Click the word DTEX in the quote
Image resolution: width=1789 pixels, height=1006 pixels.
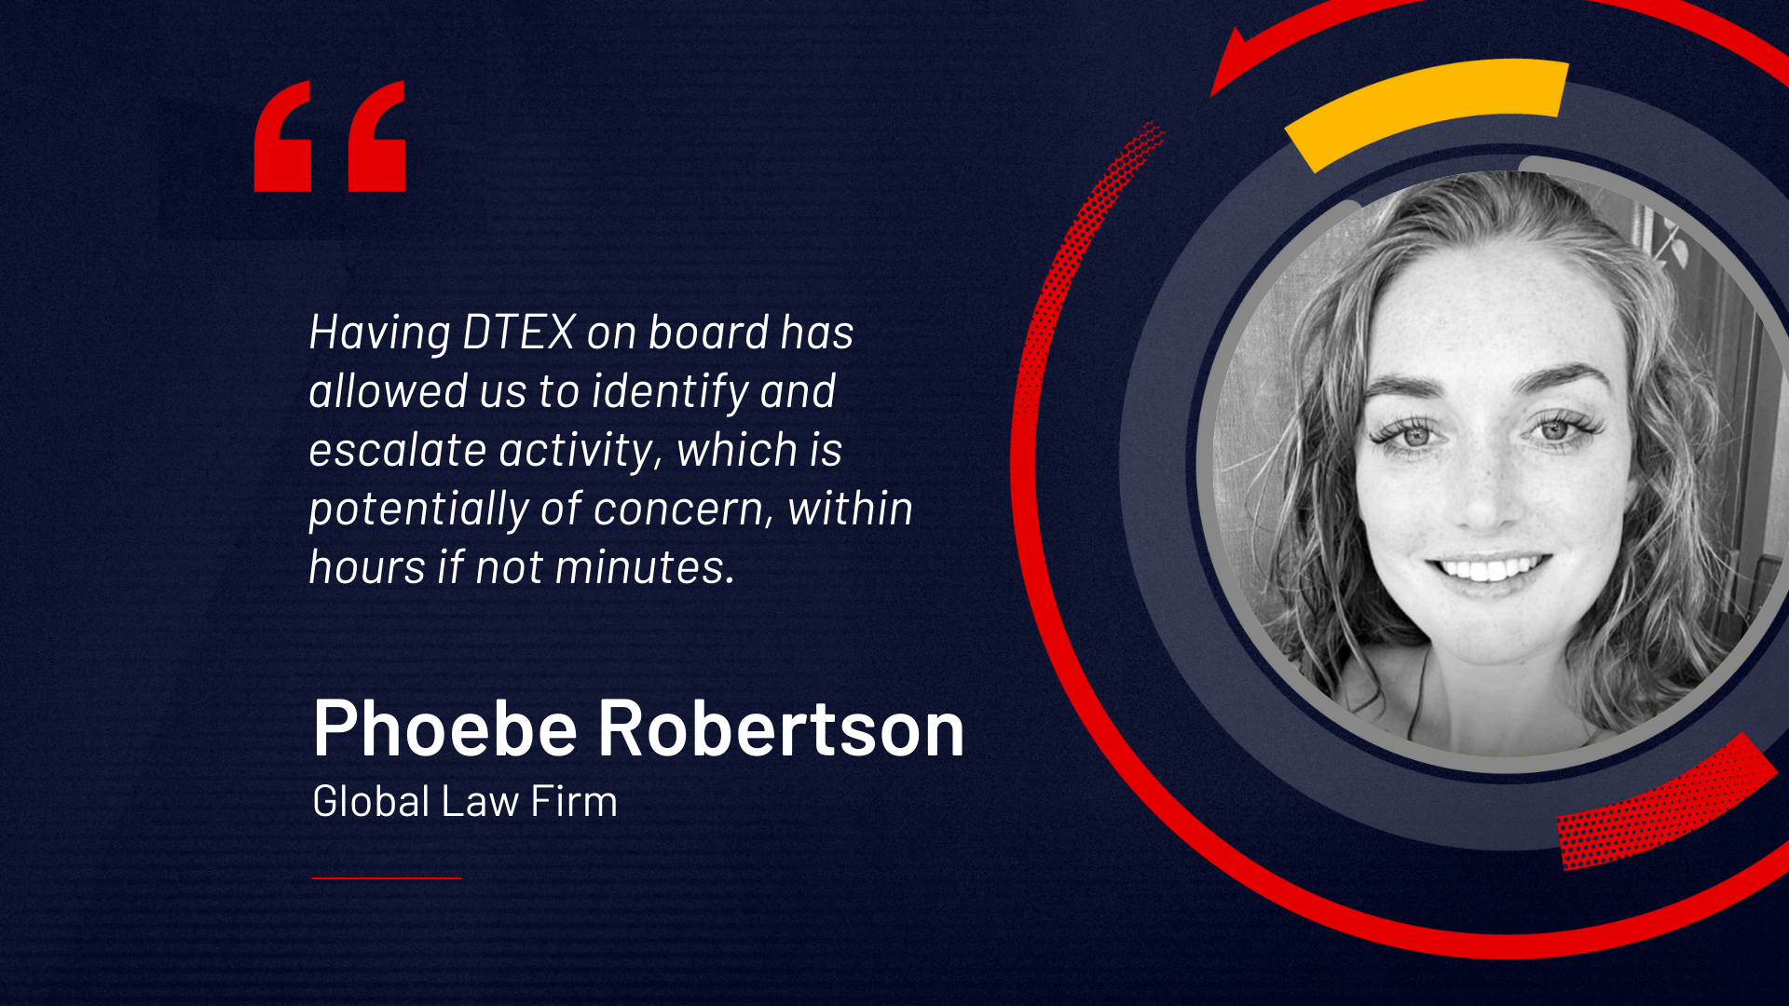519,333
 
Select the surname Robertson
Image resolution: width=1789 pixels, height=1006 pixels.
781,728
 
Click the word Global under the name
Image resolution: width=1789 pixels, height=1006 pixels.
372,801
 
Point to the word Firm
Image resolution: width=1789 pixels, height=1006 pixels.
574,801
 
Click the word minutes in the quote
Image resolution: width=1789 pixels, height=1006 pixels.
645,567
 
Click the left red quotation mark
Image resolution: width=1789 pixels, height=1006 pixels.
282,136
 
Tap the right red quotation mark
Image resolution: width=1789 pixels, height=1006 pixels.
376,136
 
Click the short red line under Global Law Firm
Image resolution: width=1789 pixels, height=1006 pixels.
387,877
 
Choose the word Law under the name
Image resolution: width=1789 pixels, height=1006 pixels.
481,801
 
